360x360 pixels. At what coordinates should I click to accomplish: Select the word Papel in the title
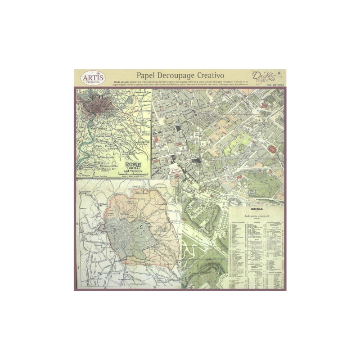click(147, 74)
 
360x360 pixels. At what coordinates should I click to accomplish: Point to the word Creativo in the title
click(211, 74)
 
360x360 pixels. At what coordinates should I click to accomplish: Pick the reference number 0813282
click(276, 85)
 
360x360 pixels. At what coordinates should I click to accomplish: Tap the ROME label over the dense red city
click(96, 97)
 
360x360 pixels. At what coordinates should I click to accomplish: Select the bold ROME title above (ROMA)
click(135, 164)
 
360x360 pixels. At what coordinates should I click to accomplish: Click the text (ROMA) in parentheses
click(135, 169)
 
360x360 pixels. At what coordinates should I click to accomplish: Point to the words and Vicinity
click(135, 172)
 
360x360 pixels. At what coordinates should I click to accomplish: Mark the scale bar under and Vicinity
click(135, 175)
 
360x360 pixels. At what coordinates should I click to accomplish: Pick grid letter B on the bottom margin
click(154, 287)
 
